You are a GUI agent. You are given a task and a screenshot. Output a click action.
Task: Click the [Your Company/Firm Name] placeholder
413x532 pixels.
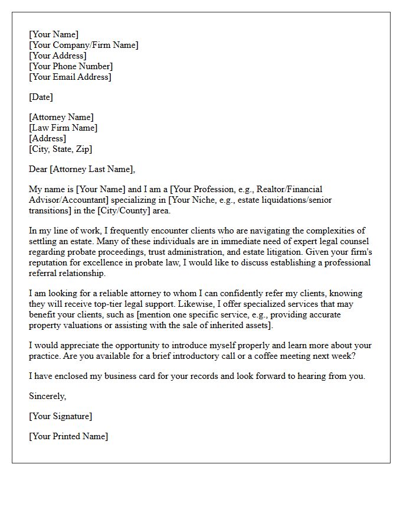pyautogui.click(x=84, y=45)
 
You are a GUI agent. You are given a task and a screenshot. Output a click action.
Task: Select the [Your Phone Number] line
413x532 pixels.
pyautogui.click(x=71, y=66)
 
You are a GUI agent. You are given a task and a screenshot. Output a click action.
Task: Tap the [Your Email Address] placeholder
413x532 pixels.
pyautogui.click(x=70, y=77)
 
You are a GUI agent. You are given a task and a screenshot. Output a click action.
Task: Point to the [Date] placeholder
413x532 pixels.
pyautogui.click(x=41, y=97)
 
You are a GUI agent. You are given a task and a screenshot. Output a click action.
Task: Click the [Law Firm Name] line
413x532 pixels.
pyautogui.click(x=63, y=128)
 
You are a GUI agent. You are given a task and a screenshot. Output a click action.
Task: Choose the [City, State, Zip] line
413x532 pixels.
pyautogui.click(x=60, y=149)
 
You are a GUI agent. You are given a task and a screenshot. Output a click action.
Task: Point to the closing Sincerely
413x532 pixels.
pyautogui.click(x=47, y=396)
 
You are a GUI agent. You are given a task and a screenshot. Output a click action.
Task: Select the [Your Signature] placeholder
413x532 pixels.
pyautogui.click(x=60, y=416)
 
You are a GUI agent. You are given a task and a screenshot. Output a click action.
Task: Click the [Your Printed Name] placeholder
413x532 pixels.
pyautogui.click(x=68, y=436)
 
